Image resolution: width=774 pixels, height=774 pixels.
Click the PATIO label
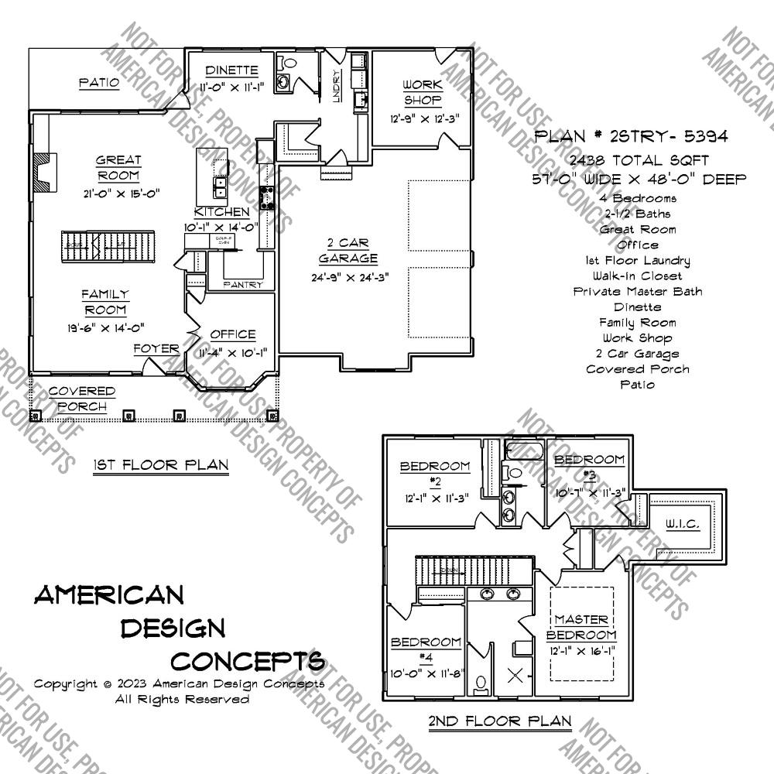coord(99,82)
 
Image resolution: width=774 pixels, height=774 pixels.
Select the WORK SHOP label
coord(423,92)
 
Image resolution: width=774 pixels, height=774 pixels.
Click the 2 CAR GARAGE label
coord(348,251)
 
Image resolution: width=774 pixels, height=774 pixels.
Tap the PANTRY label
coord(243,285)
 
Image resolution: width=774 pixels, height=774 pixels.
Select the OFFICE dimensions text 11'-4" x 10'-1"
coord(233,352)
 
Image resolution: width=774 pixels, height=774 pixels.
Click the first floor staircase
coord(108,246)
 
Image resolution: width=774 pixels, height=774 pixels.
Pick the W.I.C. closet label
coord(682,525)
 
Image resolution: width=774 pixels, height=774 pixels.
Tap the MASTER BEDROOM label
coord(581,627)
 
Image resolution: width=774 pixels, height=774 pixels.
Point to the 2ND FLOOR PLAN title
coord(500,721)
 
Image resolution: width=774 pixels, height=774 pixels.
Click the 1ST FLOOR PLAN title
coord(161,465)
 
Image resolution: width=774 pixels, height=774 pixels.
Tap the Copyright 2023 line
coord(179,684)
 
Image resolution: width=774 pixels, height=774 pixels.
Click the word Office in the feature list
coord(638,245)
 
